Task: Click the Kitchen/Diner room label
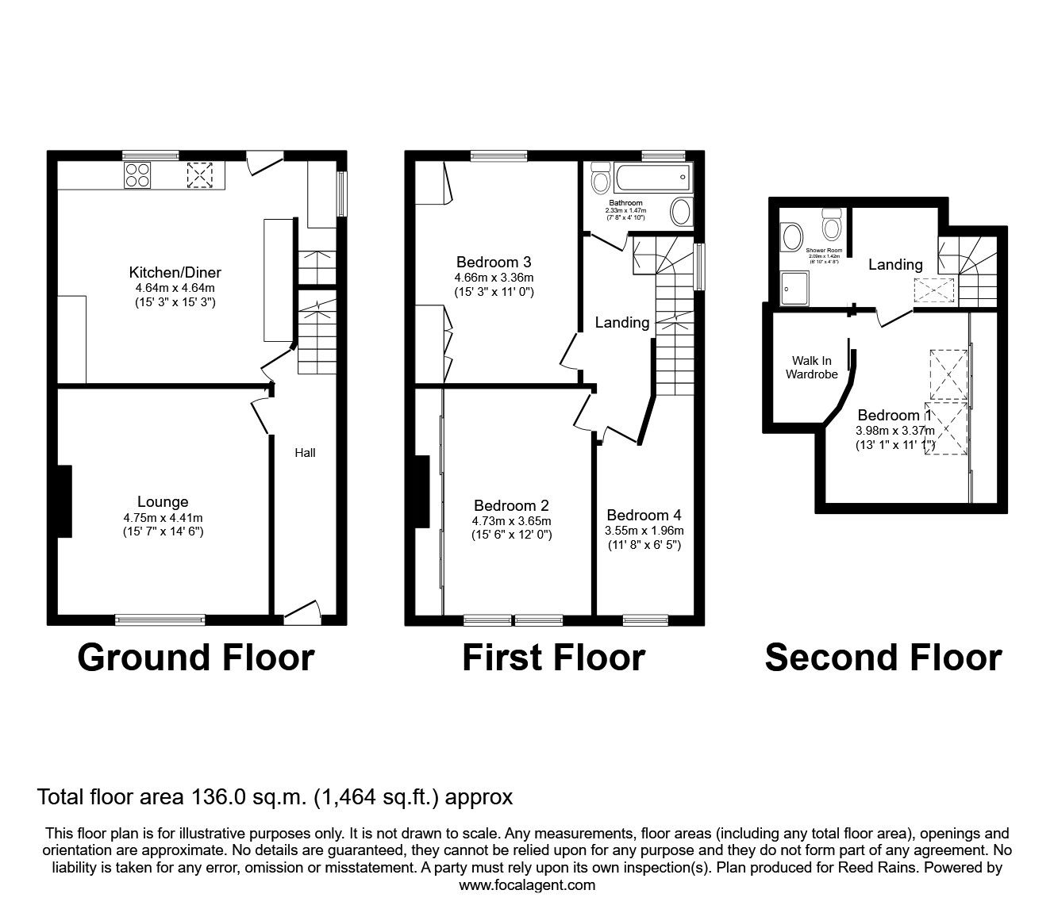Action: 175,273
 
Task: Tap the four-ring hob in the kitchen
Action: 137,175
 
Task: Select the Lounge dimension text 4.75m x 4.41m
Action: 163,517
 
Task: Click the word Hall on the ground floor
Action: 305,452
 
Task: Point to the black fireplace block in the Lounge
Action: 64,501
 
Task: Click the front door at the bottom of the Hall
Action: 302,610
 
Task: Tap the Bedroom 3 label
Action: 493,262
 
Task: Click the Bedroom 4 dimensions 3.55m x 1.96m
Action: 644,531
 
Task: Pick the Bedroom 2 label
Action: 511,505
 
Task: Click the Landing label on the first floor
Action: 622,322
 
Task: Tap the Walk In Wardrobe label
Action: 811,367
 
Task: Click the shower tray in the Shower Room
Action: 794,289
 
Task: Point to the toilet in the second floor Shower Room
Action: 832,224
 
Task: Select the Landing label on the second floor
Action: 895,264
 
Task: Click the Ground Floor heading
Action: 196,658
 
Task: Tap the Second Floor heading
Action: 883,658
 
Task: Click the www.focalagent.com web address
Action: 527,885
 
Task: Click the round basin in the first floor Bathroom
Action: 681,213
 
